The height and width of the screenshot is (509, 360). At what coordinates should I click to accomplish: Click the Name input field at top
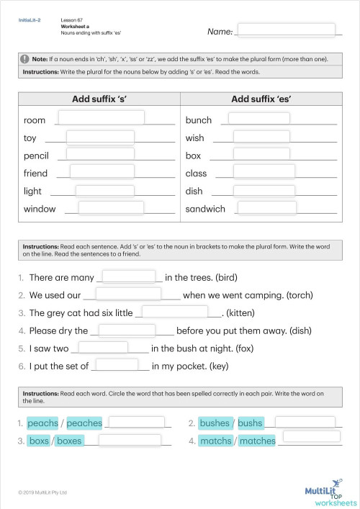click(286, 30)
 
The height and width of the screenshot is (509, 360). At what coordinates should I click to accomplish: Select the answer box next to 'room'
click(101, 117)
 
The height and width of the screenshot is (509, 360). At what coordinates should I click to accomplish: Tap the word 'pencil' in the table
click(36, 156)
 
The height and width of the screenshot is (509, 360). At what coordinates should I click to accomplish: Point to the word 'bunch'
click(199, 120)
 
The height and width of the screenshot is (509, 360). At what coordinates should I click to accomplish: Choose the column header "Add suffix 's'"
click(99, 99)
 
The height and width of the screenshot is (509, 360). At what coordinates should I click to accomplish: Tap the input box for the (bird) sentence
click(130, 276)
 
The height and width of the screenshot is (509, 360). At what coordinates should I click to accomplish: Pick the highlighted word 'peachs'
click(42, 423)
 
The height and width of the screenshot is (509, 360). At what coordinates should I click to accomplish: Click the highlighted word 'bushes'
click(214, 423)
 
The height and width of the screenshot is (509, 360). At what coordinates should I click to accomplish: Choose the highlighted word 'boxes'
click(69, 441)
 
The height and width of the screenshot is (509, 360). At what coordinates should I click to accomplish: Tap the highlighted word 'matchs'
click(215, 441)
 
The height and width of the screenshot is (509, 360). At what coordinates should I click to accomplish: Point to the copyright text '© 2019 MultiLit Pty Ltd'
click(42, 492)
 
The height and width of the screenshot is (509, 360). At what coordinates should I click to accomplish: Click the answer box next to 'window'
click(111, 208)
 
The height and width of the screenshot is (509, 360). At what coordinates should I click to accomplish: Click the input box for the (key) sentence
click(121, 365)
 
